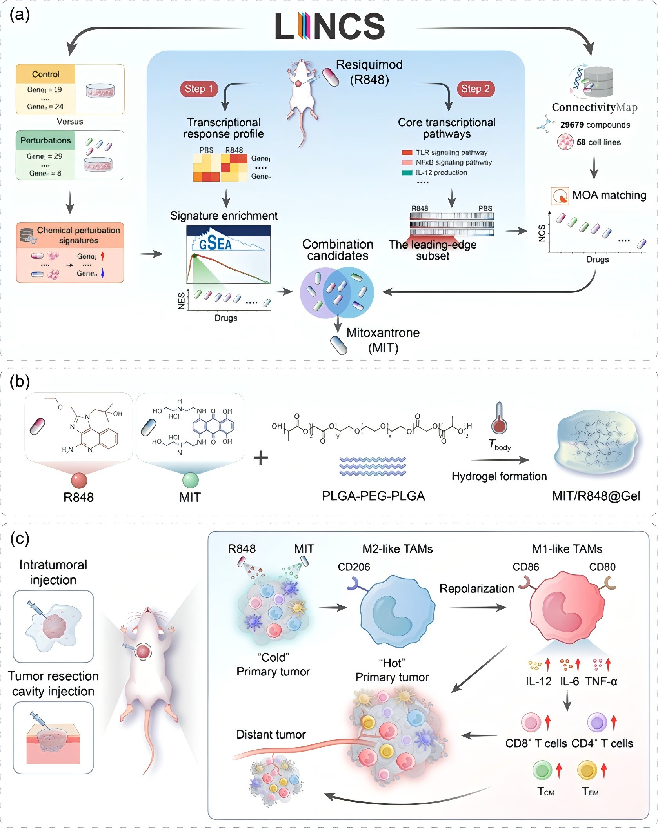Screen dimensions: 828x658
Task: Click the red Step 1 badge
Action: tap(198, 89)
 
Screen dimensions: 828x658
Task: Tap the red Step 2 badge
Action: tap(475, 89)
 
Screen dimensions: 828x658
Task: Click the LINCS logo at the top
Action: tap(329, 26)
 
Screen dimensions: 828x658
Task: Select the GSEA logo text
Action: tap(215, 244)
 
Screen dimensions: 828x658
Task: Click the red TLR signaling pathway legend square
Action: tap(407, 153)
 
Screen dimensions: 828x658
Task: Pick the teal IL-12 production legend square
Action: tap(407, 172)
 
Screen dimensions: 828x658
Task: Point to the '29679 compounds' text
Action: tap(595, 125)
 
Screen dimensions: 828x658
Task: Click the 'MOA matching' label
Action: tap(609, 195)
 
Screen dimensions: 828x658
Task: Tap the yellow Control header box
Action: tap(45, 74)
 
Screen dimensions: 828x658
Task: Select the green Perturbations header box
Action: tap(45, 140)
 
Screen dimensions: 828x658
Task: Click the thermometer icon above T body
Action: tap(499, 418)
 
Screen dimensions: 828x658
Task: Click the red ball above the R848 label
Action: tap(79, 480)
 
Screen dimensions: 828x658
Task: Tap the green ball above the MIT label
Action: tap(190, 480)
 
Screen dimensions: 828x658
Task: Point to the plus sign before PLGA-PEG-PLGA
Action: tap(260, 458)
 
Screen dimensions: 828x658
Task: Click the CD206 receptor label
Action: tap(354, 567)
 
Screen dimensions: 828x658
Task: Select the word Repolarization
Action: tap(476, 588)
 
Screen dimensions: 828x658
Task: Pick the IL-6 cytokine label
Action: tap(569, 681)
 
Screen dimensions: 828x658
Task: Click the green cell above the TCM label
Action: tap(542, 770)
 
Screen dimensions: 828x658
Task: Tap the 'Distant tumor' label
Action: tap(271, 734)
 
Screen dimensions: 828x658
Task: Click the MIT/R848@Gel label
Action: tap(596, 496)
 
